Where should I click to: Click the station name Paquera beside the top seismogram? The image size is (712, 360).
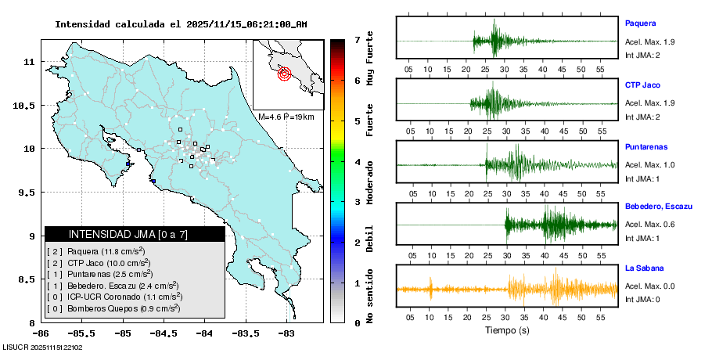tap(640, 23)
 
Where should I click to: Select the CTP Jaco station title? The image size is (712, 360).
tap(642, 85)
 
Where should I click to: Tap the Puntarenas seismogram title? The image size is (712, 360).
tap(645, 146)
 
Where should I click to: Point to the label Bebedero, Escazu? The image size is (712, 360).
tap(659, 207)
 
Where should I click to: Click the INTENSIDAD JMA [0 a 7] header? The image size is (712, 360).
tap(135, 234)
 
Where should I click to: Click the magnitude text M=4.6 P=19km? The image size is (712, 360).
tap(286, 117)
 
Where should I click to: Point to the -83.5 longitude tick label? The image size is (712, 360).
tap(245, 333)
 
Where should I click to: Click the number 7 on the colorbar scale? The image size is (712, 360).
tap(357, 39)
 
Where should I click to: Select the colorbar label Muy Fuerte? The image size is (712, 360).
tap(369, 58)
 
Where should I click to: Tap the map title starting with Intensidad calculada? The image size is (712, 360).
tap(181, 24)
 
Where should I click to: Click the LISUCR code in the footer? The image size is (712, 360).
tap(42, 347)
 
